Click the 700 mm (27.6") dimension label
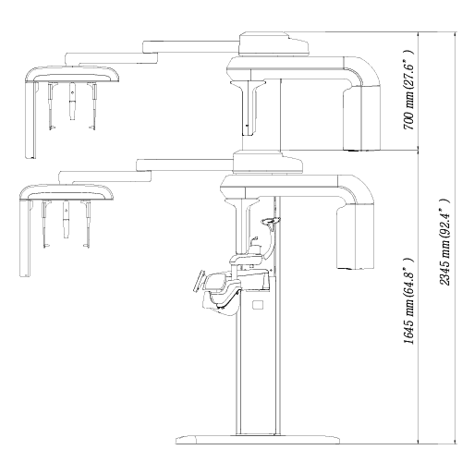(x=408, y=90)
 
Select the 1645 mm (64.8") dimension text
(x=408, y=301)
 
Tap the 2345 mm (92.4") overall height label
(x=444, y=242)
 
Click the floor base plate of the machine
(x=258, y=440)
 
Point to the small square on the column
(x=258, y=305)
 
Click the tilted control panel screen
(x=199, y=280)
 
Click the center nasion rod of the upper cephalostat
(x=72, y=101)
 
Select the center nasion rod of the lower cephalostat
(x=66, y=219)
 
